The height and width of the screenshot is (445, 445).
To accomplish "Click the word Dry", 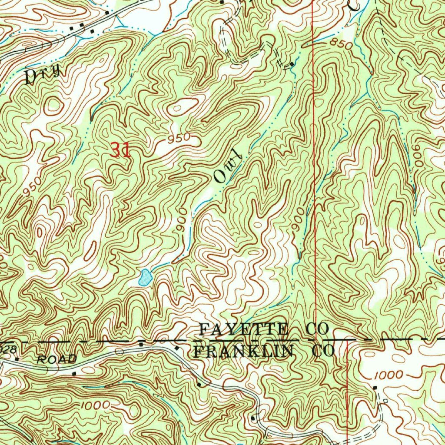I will [42, 75].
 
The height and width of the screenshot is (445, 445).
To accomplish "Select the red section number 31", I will [120, 150].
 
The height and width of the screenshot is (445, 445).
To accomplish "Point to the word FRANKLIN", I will [244, 351].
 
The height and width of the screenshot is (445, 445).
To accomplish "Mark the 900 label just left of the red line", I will [298, 222].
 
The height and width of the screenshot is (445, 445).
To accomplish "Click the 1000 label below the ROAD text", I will [93, 405].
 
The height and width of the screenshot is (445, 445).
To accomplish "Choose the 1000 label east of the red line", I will [388, 375].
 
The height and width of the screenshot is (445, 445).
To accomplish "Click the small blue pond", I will [145, 277].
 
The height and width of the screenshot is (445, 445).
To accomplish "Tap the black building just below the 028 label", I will [17, 359].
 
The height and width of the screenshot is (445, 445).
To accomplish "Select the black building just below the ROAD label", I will [74, 373].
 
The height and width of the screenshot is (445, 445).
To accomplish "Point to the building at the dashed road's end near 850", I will [292, 64].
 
